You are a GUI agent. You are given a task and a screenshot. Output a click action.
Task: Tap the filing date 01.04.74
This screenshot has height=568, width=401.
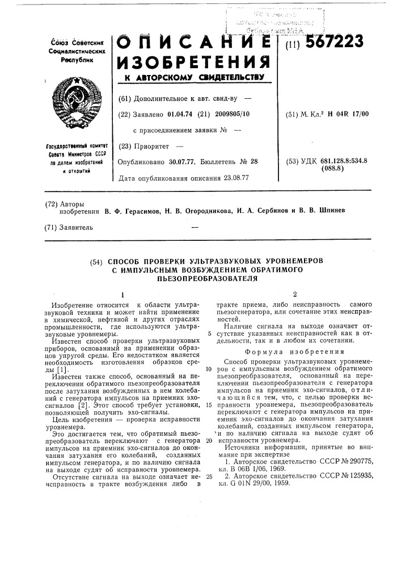tap(180, 115)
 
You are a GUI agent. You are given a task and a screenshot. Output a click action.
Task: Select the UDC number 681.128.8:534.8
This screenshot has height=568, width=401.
tap(344, 161)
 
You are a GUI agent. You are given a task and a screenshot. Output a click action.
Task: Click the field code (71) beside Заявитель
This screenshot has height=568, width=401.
tap(50, 228)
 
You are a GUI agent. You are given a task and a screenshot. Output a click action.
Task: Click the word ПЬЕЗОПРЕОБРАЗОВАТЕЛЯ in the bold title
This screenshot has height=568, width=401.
tap(204, 279)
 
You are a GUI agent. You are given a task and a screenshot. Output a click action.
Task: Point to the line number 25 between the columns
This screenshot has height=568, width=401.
tap(209, 460)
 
